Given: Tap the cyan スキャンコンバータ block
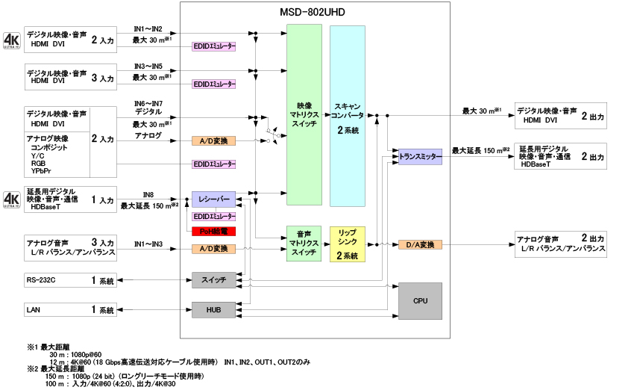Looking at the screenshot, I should [348, 116].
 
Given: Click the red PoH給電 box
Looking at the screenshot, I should [214, 231].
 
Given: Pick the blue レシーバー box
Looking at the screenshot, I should [214, 199].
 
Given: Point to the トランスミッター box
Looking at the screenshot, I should [420, 158].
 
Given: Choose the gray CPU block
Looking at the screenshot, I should [420, 300].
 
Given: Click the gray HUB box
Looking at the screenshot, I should [214, 309].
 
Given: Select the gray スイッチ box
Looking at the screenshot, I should [214, 280].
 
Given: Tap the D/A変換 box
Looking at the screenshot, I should [420, 244].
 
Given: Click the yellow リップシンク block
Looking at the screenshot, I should [348, 244].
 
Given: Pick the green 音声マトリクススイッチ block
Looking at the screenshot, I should [304, 244].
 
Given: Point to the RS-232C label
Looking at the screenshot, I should [41, 280].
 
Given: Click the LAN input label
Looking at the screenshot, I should [34, 309].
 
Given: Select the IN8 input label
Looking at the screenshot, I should [148, 194].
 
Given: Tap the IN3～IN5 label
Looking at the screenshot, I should [148, 66].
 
